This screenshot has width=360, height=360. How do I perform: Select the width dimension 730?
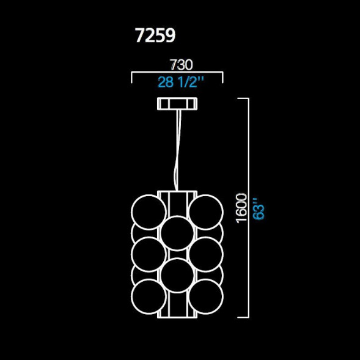(181, 64)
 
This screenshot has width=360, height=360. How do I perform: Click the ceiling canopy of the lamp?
(177, 105)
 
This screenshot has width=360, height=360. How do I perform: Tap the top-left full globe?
(149, 211)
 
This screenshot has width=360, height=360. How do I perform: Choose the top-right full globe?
(205, 211)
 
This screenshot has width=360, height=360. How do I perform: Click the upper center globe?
(177, 232)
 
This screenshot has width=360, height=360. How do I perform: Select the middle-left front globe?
(149, 254)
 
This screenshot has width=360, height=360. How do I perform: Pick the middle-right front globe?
(205, 254)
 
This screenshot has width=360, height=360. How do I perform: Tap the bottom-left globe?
(149, 296)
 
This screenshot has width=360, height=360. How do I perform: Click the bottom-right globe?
(205, 296)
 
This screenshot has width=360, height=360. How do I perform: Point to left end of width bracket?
(133, 78)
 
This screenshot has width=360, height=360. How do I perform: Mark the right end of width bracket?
(222, 78)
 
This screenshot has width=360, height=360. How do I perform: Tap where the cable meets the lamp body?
(177, 191)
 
